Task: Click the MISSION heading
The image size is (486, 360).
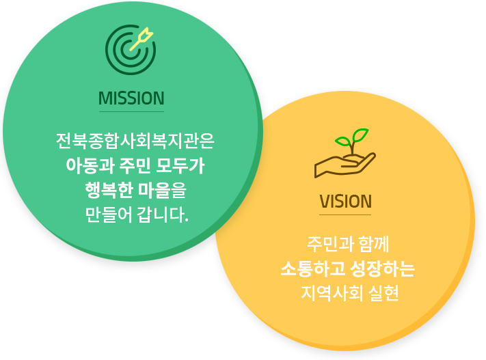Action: [x=131, y=98]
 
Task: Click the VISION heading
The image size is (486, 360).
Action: [x=345, y=202]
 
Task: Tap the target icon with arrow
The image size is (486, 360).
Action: [x=131, y=50]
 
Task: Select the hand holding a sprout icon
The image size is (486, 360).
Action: [x=345, y=153]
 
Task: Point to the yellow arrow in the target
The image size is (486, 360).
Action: [x=141, y=39]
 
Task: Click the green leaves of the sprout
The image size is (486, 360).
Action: [x=352, y=137]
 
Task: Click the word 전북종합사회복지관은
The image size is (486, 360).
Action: [x=135, y=141]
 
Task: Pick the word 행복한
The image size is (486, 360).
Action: [x=109, y=190]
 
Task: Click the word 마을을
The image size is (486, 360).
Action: [x=162, y=190]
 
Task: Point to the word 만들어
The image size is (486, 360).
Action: [x=109, y=214]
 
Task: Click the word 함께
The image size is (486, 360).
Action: [x=373, y=244]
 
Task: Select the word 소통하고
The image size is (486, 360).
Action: [x=312, y=268]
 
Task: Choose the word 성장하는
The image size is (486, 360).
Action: [x=382, y=268]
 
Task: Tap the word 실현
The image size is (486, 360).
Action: [x=383, y=293]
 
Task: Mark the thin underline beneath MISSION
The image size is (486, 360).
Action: [x=131, y=111]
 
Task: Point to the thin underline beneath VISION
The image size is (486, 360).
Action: [x=345, y=214]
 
